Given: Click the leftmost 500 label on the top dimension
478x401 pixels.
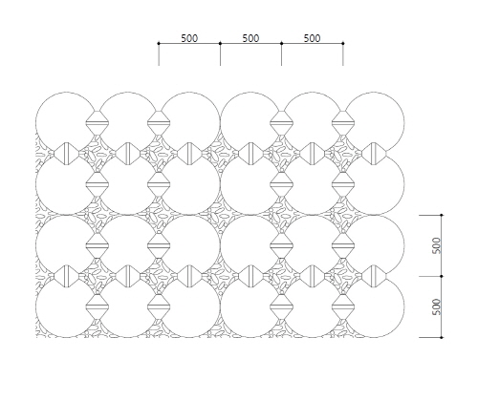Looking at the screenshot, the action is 189,38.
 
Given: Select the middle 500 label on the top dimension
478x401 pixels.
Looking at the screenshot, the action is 250,38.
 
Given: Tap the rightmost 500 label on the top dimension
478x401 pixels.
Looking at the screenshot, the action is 312,38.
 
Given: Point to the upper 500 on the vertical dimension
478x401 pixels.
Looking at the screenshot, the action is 437,245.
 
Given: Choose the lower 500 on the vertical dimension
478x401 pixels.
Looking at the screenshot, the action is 437,306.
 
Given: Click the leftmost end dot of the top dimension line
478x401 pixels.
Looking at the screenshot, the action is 159,43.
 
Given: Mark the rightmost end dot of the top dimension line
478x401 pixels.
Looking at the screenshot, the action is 343,43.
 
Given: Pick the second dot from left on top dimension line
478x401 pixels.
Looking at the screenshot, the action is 220,43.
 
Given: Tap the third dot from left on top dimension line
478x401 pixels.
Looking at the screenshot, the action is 281,43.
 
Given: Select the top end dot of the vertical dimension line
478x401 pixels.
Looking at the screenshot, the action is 442,215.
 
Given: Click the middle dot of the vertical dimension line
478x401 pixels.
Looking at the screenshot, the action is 442,276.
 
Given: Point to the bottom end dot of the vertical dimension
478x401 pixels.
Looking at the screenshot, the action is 442,337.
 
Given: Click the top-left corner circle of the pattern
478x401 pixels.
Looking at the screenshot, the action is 35,122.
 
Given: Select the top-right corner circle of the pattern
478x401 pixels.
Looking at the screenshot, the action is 404,122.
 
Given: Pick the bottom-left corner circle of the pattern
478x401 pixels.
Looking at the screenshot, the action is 35,306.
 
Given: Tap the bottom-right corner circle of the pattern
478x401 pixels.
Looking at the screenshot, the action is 404,306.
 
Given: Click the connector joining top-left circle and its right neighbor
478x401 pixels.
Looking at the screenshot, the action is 98,122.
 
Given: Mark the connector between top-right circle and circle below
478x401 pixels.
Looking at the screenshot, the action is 374,154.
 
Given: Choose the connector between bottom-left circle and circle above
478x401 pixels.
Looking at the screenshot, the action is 67,276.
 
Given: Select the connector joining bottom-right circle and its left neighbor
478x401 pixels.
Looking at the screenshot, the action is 343,306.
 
